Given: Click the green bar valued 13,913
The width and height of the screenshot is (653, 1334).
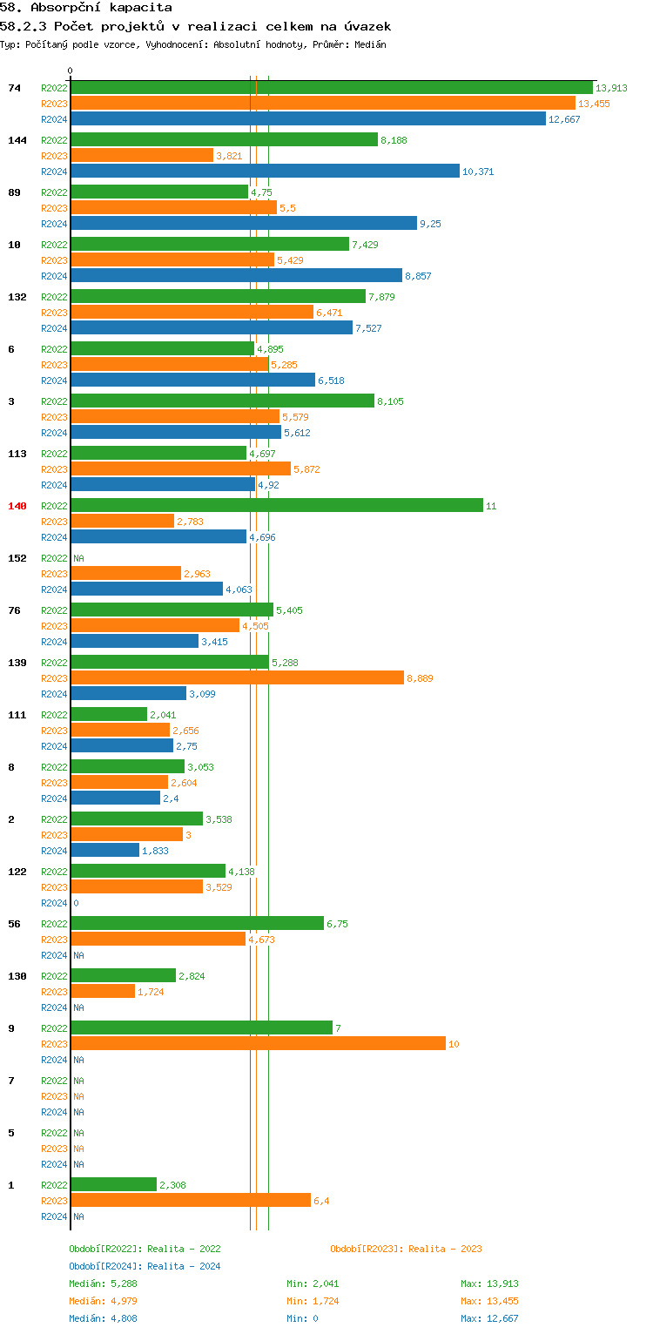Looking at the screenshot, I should [331, 88].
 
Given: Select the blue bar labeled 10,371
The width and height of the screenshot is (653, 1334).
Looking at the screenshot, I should [265, 172].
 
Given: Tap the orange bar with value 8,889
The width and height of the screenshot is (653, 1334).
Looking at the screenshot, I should [237, 678].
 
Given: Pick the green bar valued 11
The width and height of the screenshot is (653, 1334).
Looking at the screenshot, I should [276, 506].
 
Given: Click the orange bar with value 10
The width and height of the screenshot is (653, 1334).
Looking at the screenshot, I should [258, 1044].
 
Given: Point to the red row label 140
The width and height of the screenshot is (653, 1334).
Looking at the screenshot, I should [17, 506].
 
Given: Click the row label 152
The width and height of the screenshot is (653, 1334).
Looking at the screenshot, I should [17, 558].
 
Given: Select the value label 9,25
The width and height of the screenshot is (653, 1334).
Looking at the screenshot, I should [430, 224].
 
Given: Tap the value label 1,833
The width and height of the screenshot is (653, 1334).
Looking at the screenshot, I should [155, 851].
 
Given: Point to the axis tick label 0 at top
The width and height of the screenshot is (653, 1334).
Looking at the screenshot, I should [71, 71].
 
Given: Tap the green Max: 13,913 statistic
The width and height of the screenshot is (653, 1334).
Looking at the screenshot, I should [489, 1283].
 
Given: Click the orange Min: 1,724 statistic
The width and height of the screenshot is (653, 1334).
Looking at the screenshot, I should [313, 1301].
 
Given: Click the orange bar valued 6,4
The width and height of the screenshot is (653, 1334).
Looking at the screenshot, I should [191, 1201].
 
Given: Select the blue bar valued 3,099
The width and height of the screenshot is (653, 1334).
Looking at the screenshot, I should [129, 694].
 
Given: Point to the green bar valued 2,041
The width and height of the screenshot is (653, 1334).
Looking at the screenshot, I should [109, 715].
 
